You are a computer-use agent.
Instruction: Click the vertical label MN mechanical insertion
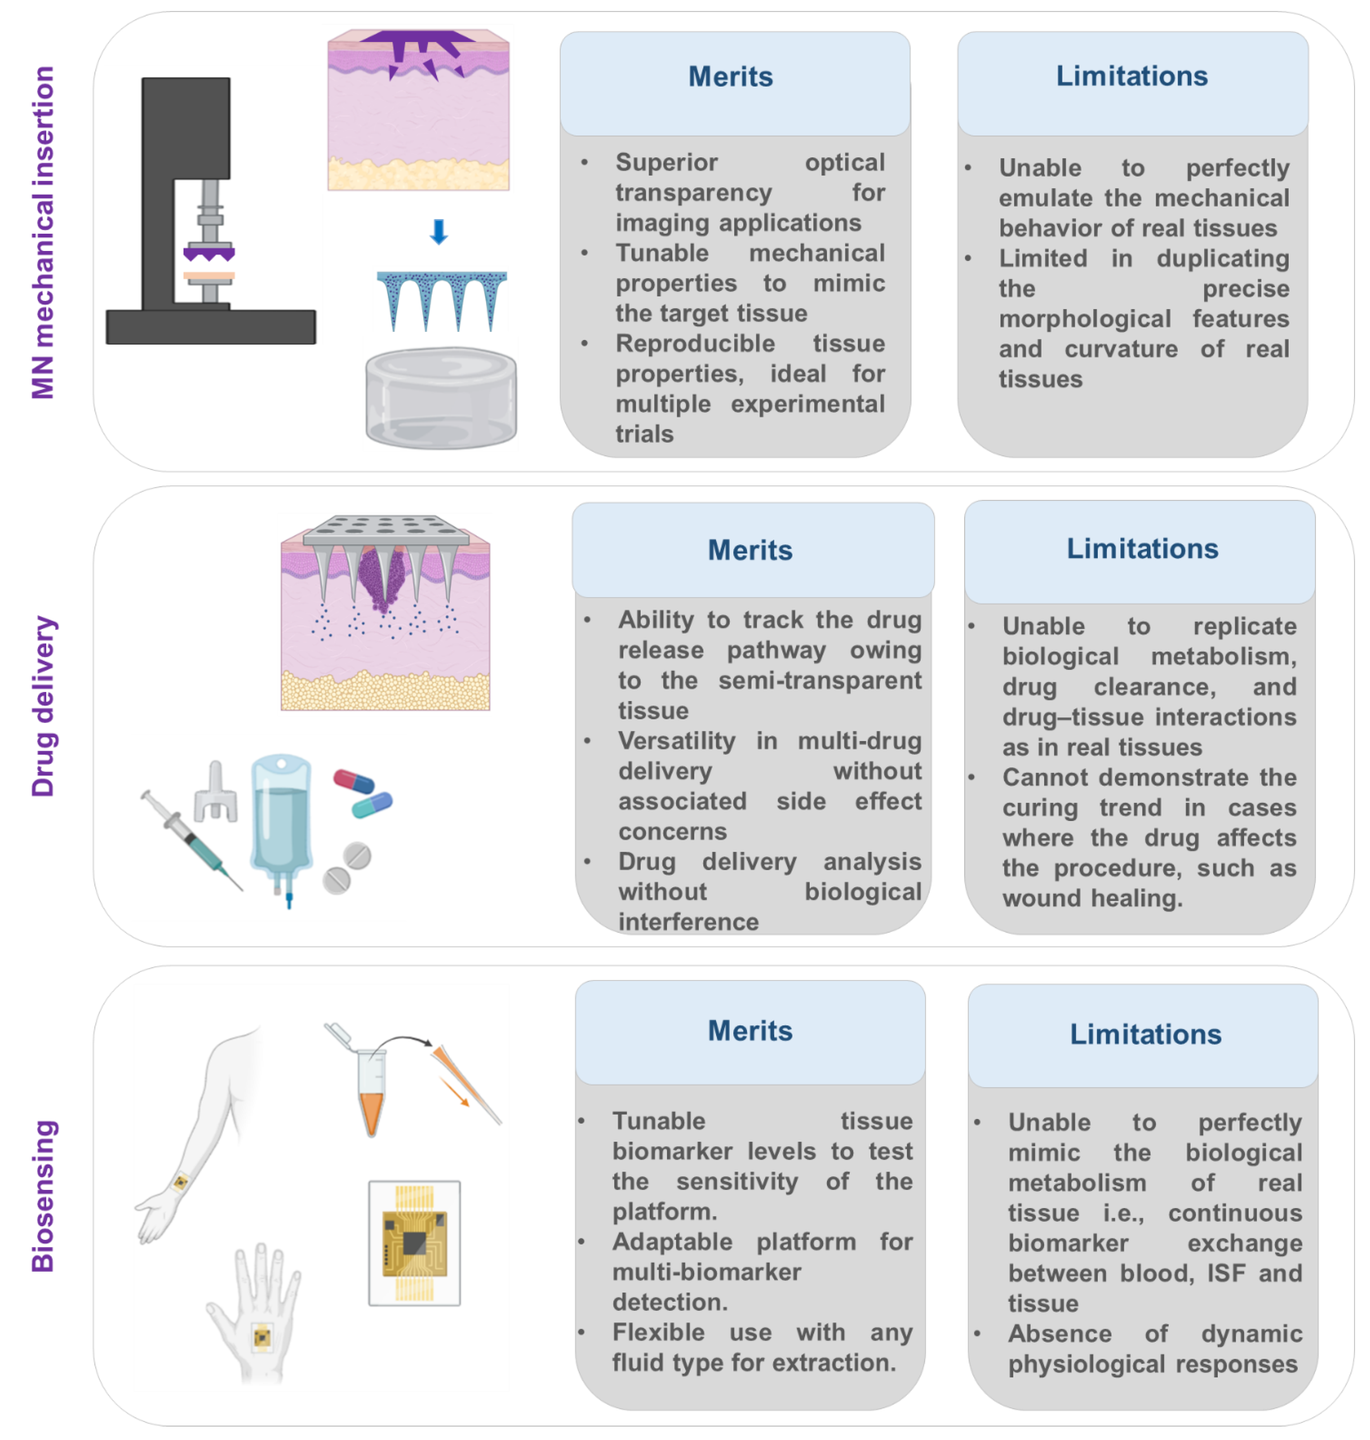pos(42,232)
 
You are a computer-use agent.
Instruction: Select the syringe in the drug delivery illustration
pos(191,840)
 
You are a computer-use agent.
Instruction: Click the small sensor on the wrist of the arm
pos(180,1181)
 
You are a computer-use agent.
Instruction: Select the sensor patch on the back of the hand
pos(262,1337)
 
